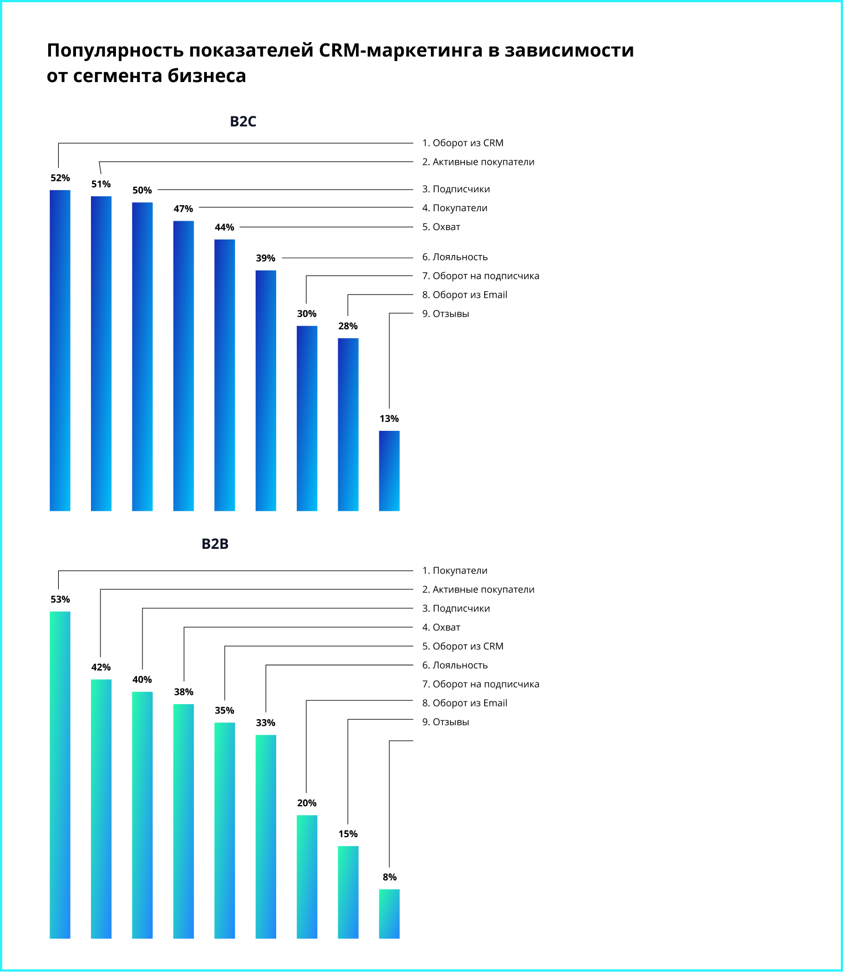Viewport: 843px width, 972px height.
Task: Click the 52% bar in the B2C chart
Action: (60, 350)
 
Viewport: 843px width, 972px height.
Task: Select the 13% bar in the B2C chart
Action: (389, 471)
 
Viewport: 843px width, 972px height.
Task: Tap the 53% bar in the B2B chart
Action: (60, 775)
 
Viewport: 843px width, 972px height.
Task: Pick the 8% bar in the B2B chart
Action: (389, 914)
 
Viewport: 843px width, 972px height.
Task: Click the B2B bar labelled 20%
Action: (307, 877)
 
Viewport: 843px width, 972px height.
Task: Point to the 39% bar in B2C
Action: (266, 391)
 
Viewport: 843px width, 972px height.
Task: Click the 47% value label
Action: (184, 209)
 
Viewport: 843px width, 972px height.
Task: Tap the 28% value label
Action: (348, 326)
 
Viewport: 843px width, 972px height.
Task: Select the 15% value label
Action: (348, 834)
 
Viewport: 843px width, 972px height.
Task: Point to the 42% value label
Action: (101, 667)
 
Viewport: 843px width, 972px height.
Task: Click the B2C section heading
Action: (243, 121)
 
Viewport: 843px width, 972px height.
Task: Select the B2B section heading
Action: (215, 544)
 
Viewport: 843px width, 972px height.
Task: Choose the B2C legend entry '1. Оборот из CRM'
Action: (463, 143)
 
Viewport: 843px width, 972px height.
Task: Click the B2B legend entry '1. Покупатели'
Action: (455, 571)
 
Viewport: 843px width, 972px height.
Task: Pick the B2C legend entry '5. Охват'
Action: (441, 227)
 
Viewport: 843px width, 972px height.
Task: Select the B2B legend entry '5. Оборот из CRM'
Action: (463, 647)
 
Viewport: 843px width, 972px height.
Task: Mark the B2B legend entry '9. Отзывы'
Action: (445, 722)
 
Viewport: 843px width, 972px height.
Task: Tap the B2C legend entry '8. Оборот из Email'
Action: (465, 295)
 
